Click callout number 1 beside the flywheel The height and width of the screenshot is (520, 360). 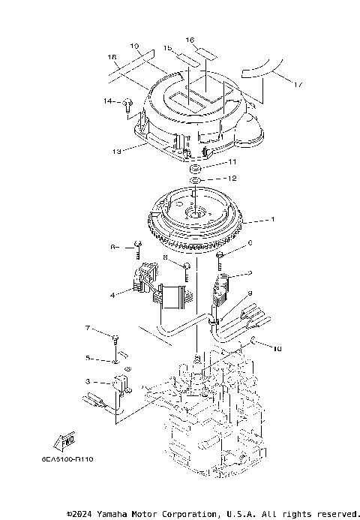(x=273, y=220)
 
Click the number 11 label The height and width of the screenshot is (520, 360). (x=232, y=162)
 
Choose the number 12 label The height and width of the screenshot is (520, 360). (x=232, y=179)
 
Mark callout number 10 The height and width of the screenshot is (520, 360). (x=277, y=349)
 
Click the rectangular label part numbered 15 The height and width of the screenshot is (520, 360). (x=184, y=57)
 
